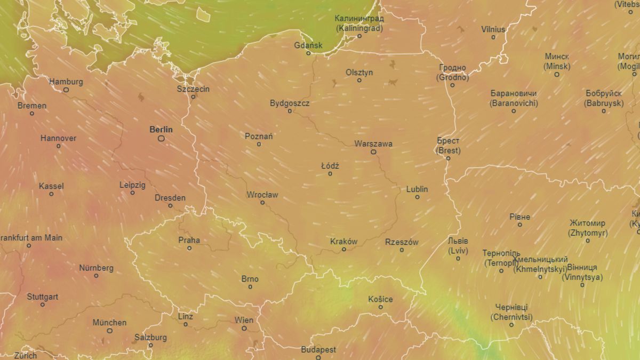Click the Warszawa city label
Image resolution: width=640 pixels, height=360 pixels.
click(x=373, y=143)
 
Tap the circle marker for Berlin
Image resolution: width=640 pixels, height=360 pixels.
click(x=161, y=138)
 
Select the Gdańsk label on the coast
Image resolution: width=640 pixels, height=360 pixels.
click(x=308, y=45)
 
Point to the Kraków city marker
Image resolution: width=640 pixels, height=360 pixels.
click(x=343, y=249)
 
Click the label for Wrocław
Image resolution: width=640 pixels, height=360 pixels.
click(x=262, y=195)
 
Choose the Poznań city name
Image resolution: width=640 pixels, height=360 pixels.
click(x=259, y=136)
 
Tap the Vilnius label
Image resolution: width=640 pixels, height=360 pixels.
click(x=493, y=29)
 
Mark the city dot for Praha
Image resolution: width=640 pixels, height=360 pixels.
click(x=189, y=248)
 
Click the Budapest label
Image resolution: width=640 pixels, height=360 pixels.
click(x=318, y=350)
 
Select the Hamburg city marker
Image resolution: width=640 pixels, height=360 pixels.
click(x=66, y=90)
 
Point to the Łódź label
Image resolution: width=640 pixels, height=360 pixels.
click(x=330, y=166)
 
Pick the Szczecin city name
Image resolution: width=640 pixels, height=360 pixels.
click(x=193, y=89)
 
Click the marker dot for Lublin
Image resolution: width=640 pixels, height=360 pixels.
click(x=417, y=197)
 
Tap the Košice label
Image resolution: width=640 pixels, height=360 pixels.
click(x=380, y=299)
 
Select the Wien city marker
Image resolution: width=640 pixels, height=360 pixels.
click(x=244, y=328)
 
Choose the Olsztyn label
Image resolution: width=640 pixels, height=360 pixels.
click(x=359, y=72)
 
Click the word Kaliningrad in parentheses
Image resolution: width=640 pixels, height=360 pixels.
click(x=359, y=28)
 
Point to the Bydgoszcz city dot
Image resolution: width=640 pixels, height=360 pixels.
click(x=290, y=111)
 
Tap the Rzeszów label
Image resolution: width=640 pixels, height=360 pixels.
click(x=402, y=242)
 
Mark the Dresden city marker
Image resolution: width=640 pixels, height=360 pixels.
click(x=170, y=205)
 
